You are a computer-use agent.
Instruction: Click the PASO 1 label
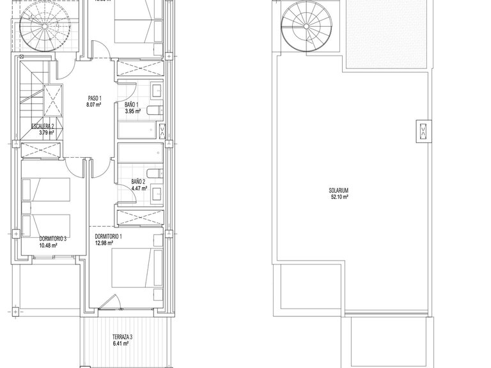95,99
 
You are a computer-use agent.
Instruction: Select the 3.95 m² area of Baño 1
132,112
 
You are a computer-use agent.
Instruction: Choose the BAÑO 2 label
139,182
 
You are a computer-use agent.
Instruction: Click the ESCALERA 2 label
43,126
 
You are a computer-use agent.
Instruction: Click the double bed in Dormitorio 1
133,268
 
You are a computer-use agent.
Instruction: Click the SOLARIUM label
339,190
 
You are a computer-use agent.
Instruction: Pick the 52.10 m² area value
339,197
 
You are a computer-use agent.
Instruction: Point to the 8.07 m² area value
95,106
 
